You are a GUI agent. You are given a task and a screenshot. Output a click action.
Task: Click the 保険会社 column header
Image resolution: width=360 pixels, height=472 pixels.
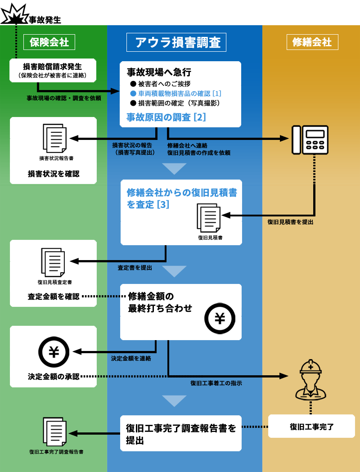click(49, 42)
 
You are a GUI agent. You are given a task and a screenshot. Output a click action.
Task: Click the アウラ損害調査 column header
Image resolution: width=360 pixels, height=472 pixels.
click(176, 42)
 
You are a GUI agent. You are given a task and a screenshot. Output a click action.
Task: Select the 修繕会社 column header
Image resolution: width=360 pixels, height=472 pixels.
click(312, 42)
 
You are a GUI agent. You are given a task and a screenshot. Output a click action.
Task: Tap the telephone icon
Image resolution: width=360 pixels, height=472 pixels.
click(310, 139)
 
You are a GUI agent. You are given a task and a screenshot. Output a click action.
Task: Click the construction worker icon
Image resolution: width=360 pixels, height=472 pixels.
click(310, 380)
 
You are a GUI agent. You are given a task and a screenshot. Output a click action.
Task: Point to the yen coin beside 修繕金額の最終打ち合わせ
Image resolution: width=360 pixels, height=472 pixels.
click(220, 318)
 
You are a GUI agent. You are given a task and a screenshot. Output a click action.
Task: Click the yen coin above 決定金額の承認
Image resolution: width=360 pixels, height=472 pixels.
click(54, 351)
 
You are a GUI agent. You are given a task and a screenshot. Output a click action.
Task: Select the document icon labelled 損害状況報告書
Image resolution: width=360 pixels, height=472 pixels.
click(55, 138)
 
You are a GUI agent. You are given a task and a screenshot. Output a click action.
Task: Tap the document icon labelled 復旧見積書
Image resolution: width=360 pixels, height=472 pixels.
click(209, 218)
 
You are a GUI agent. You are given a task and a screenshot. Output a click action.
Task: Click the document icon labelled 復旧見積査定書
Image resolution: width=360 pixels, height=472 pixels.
click(54, 262)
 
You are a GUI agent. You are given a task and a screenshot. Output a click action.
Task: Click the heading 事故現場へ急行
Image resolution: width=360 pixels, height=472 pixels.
click(159, 72)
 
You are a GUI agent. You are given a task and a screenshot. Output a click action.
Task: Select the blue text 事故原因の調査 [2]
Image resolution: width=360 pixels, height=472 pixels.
click(166, 117)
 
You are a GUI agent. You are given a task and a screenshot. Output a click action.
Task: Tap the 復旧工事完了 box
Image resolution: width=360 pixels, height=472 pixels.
click(311, 427)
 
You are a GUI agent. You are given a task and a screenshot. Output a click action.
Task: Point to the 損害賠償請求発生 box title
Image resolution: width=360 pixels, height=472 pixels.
click(52, 67)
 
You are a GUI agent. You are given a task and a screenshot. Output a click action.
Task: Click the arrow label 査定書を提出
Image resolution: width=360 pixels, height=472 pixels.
click(135, 268)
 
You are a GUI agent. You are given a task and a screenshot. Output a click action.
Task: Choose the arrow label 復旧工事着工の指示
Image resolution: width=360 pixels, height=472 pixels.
click(216, 383)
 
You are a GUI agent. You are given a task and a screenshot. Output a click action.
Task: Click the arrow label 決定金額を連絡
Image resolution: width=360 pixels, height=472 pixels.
click(131, 359)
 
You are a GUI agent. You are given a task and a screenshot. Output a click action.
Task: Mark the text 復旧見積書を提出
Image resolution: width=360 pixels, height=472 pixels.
click(290, 222)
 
